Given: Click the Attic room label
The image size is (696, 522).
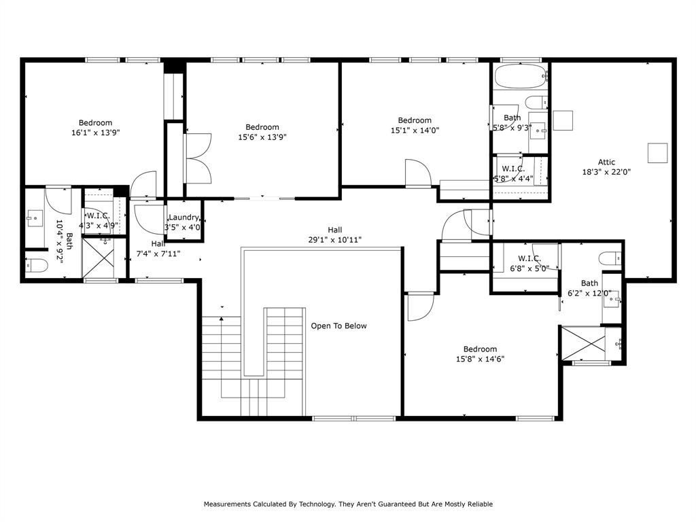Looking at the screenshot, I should (606, 162).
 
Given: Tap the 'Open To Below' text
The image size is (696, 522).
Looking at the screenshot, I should (338, 326).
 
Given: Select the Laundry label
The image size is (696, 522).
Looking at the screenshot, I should (183, 217).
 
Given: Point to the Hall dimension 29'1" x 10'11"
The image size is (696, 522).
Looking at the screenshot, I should (334, 240).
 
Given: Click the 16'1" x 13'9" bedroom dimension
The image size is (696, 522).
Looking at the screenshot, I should (95, 133).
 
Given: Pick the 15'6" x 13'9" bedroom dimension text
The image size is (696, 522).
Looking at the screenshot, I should (262, 137).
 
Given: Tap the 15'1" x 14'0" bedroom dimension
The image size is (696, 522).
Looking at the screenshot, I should (415, 130).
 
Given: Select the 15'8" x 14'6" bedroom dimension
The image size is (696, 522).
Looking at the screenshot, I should (480, 360).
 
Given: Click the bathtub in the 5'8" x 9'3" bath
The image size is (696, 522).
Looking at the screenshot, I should (521, 76).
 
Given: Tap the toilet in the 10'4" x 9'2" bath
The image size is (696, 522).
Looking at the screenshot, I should (36, 265).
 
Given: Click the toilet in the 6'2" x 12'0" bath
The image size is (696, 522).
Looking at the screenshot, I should (610, 258).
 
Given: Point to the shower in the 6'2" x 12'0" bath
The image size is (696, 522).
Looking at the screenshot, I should (582, 343).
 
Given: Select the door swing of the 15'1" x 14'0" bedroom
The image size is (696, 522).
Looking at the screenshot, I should (416, 174).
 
